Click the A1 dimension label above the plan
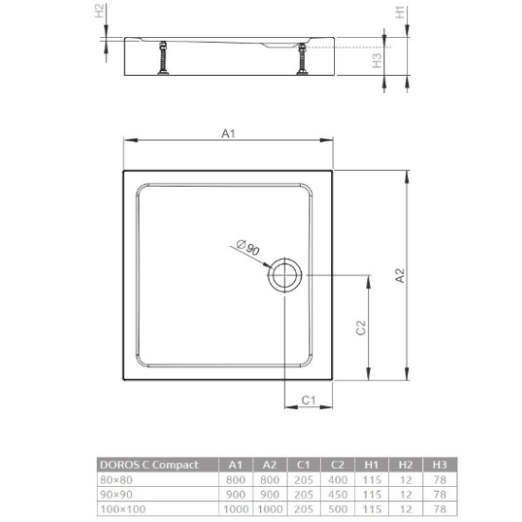(x=228, y=135)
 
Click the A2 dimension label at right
(x=401, y=274)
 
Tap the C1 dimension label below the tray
(x=308, y=400)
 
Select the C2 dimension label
(x=361, y=327)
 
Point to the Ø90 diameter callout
(x=249, y=249)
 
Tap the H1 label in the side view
(x=401, y=12)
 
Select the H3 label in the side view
(x=377, y=60)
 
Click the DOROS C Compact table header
(x=149, y=464)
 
